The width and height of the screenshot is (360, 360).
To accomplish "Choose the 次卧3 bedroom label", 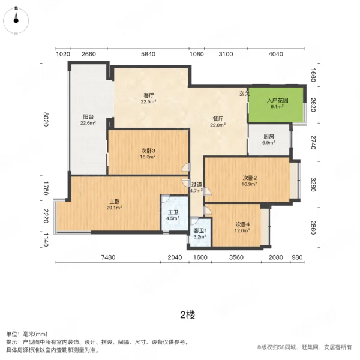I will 148,151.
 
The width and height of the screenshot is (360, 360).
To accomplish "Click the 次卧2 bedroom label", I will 250,178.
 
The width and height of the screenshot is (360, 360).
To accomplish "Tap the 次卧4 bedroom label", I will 242,224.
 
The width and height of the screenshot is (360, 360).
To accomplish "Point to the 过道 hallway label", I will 196,184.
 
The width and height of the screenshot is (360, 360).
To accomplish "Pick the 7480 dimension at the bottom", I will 108,257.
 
